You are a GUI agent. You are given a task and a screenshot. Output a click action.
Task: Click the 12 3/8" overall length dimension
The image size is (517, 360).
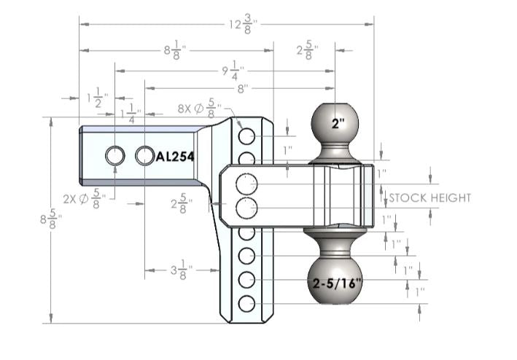(242, 24)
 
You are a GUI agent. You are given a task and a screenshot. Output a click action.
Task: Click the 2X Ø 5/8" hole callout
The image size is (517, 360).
(85, 199)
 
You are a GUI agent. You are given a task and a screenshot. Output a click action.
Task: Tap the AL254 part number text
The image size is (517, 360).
(174, 156)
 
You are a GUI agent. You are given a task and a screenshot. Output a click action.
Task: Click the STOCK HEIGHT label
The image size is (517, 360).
(430, 197)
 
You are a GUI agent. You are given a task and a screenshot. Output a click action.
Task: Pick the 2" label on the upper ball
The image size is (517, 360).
(336, 123)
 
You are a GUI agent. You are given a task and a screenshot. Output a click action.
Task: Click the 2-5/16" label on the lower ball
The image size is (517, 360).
(336, 283)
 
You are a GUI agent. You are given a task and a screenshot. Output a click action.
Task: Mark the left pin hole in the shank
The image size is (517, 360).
(115, 155)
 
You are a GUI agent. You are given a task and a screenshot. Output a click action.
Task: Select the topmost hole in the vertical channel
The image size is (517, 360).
(246, 136)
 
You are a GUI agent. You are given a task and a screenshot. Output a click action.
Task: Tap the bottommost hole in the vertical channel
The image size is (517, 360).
(246, 304)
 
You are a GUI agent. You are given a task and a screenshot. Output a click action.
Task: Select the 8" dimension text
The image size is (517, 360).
(241, 88)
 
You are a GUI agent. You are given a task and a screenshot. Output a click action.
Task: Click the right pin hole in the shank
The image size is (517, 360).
(145, 155)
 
